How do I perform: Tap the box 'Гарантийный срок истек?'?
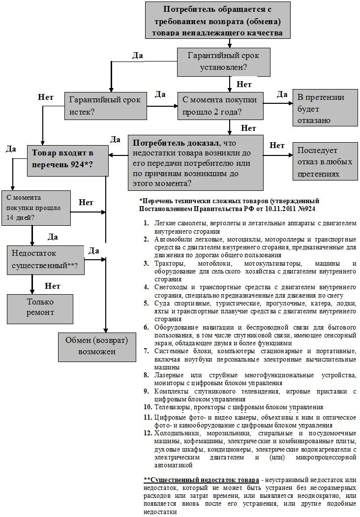pos(105,105)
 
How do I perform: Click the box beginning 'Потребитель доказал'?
pos(191,163)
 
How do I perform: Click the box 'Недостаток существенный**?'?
pos(46,259)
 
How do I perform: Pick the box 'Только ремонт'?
pos(40,307)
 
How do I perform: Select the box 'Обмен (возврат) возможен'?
pos(96,346)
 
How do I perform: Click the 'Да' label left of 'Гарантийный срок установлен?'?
pos(138,56)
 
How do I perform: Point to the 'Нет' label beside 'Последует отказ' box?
pos(277,145)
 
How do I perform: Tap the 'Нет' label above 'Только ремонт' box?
pos(53,286)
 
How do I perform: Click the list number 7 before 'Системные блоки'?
pos(146,351)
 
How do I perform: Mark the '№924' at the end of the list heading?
pos(305,209)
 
